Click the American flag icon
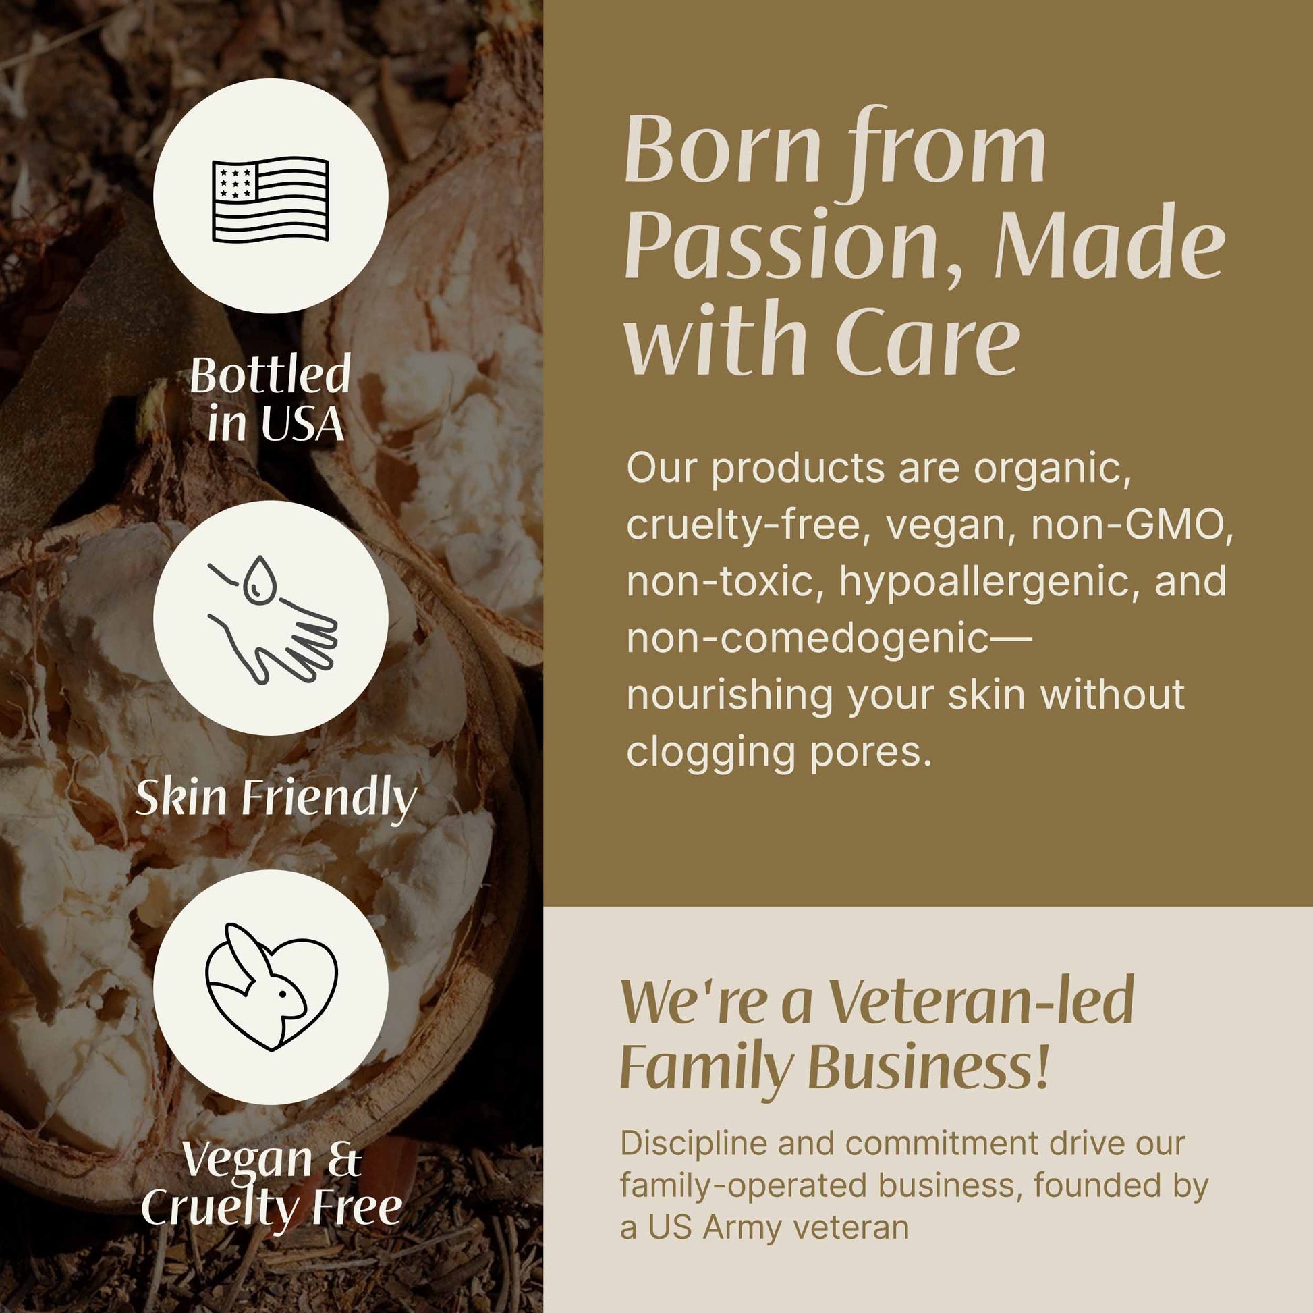271,198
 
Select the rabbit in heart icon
271,987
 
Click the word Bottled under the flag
270,374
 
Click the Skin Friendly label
276,799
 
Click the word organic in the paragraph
1053,470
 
